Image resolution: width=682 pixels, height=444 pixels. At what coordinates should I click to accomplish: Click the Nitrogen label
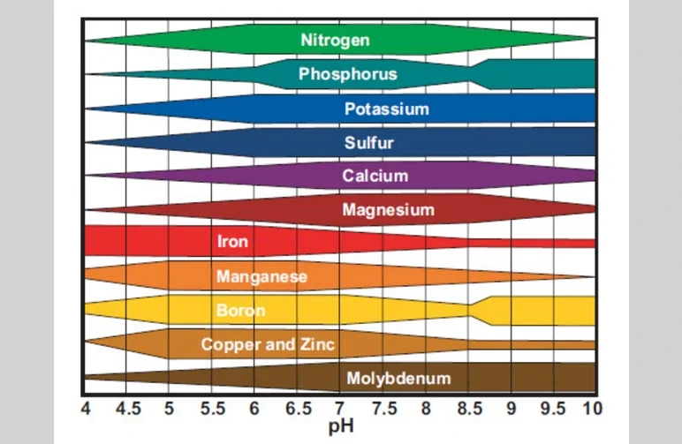335,40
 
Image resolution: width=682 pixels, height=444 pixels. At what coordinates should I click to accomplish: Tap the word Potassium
386,109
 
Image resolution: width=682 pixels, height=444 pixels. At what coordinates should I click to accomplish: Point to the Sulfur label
368,142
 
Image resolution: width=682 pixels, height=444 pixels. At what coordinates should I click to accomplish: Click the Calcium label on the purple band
375,176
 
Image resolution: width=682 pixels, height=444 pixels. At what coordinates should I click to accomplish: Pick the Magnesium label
388,210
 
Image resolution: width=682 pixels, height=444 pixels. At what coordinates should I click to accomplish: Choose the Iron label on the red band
232,241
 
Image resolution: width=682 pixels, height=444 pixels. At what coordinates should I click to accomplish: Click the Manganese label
261,276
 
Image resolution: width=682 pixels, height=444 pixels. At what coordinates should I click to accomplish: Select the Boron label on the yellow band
240,311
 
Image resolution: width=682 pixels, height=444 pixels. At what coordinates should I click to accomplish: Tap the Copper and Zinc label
268,344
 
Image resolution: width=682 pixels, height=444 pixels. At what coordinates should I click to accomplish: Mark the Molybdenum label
398,379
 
